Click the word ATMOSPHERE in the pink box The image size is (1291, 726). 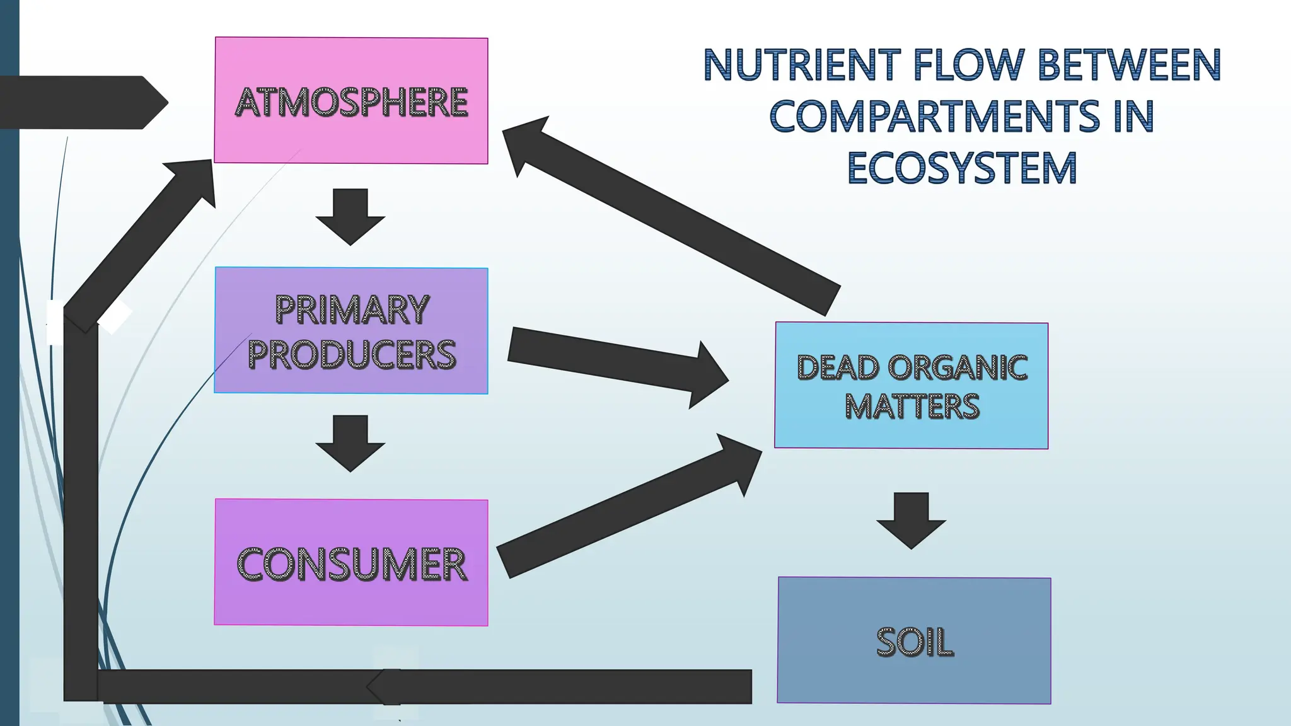point(351,102)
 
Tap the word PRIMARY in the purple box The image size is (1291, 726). point(352,310)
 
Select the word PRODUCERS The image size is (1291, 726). point(352,354)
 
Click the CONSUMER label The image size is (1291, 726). point(351,564)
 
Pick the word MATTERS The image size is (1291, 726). point(912,406)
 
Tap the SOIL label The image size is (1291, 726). point(914,643)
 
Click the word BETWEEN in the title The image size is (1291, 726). point(1128,65)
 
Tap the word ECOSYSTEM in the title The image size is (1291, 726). point(962,168)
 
